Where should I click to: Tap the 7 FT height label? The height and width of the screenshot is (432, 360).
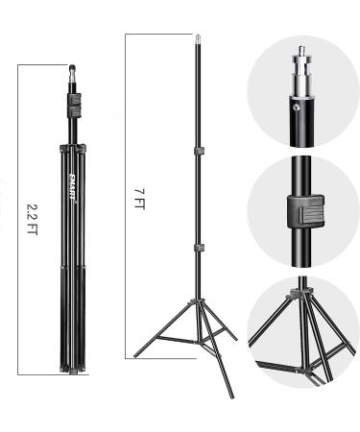140,200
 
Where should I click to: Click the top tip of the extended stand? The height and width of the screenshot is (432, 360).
199,40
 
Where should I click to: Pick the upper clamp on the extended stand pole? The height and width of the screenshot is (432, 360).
199,151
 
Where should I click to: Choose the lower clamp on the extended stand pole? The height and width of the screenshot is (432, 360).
199,248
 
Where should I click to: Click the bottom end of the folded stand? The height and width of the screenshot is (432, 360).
72,372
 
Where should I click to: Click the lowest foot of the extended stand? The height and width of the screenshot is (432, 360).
231,396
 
